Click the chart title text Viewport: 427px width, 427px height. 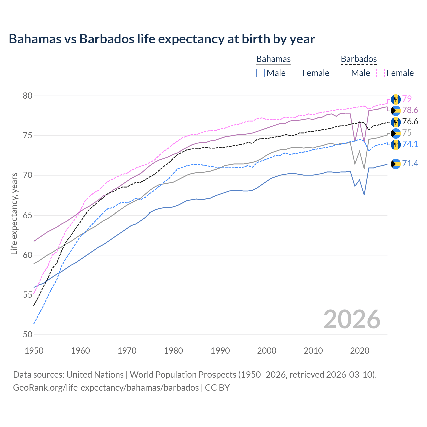162,39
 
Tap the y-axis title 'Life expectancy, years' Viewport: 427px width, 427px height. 14,213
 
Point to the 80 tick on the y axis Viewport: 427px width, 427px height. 28,96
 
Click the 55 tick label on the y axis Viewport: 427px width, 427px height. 28,295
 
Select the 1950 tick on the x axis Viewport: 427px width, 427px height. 34,351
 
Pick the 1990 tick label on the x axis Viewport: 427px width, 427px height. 220,351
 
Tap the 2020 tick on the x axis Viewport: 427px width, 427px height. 360,351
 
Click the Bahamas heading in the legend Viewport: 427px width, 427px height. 273,59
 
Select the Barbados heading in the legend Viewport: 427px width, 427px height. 359,59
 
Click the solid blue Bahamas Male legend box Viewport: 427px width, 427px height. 261,73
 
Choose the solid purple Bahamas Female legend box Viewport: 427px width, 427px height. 296,73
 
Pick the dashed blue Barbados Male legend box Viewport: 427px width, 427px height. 345,73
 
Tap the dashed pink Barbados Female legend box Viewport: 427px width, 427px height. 381,73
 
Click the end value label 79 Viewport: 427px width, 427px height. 407,99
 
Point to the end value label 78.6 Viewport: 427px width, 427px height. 410,110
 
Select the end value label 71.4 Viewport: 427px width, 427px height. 410,163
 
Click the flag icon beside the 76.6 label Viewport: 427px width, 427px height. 396,122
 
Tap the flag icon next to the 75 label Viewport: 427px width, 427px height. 396,133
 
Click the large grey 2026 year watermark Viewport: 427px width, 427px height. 352,319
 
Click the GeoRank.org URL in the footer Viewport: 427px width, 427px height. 106,388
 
